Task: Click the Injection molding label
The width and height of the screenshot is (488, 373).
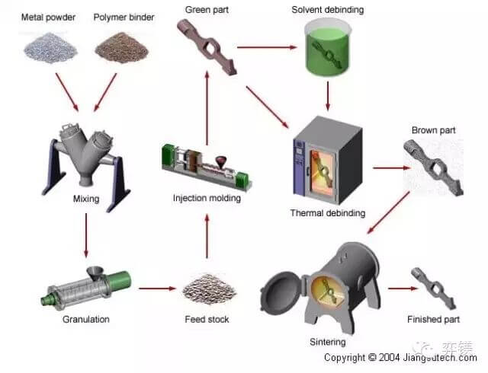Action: coord(207,199)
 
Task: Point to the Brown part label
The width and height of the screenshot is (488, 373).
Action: coord(433,130)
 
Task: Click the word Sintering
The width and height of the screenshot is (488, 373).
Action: coord(327,342)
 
